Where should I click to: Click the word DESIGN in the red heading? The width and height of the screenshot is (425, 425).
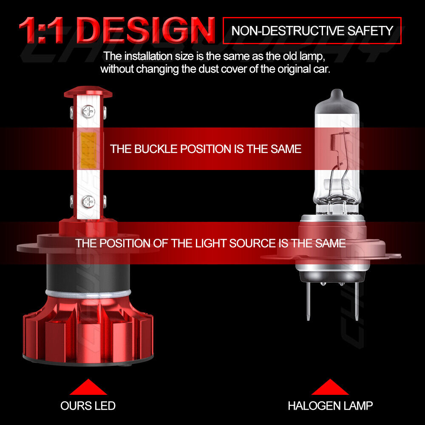click(146, 30)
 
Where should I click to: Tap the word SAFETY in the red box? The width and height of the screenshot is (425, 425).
click(370, 31)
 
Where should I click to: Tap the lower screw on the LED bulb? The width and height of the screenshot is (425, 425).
click(89, 201)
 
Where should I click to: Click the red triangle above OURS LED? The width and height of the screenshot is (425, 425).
click(88, 387)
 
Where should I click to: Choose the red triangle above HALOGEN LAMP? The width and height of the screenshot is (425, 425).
click(330, 387)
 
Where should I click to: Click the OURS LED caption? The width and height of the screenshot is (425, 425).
click(88, 406)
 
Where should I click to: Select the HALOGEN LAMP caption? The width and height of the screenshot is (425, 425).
click(330, 406)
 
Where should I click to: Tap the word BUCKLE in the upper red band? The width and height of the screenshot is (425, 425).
click(156, 149)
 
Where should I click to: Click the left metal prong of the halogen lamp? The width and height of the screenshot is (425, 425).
click(309, 301)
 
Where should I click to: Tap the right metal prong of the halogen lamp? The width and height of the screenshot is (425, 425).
click(357, 301)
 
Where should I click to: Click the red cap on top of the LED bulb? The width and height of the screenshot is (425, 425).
click(88, 92)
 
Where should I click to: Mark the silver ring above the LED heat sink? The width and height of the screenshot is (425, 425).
click(88, 294)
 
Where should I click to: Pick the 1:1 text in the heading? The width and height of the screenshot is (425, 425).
click(41, 30)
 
